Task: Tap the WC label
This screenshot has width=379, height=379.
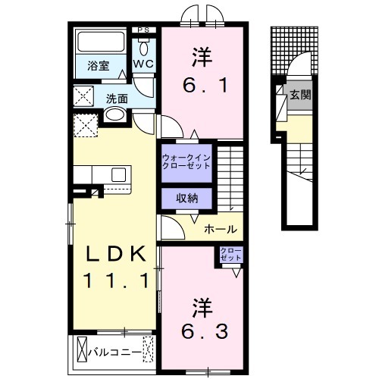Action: point(144,65)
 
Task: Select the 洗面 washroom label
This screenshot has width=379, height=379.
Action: point(116,98)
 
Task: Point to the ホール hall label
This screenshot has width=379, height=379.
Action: point(221,229)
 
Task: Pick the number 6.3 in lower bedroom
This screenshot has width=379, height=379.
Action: point(202,331)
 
